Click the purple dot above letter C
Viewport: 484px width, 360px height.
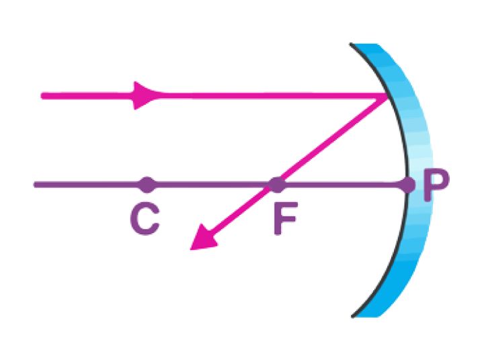coord(147,183)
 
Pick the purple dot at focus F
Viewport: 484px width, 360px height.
coord(276,183)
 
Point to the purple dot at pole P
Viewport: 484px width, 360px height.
coord(407,184)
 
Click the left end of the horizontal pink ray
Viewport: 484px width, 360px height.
coord(42,95)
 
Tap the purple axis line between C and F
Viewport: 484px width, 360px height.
coord(212,183)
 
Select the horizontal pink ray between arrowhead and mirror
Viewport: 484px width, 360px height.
coord(269,95)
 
